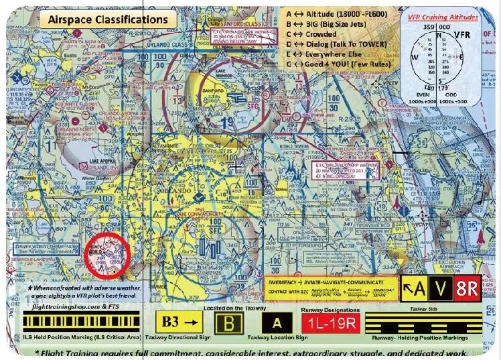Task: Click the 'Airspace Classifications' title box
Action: click(108, 19)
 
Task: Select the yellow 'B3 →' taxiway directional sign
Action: click(178, 323)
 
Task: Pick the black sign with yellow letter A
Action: click(276, 323)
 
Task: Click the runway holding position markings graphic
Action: click(429, 323)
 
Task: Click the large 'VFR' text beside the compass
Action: click(463, 34)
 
